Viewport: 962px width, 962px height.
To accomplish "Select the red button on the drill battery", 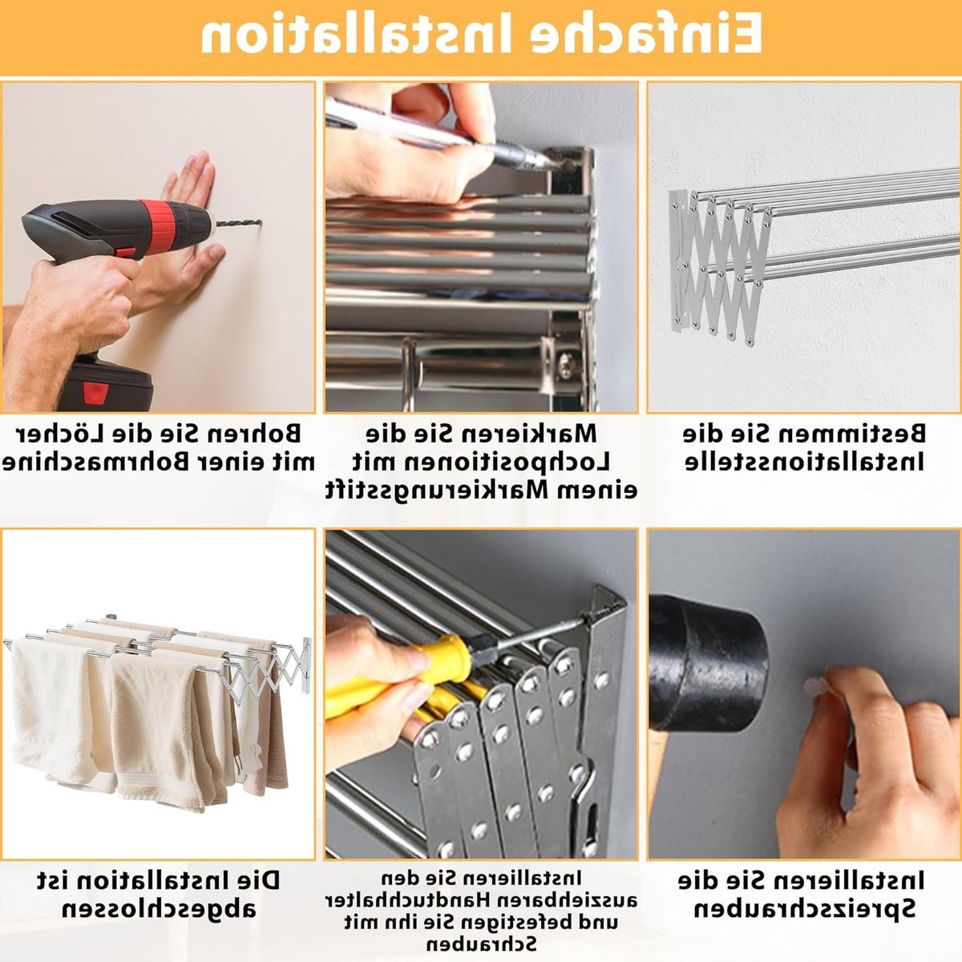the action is point(95,392).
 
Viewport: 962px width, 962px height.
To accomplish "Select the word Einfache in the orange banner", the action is point(643,33).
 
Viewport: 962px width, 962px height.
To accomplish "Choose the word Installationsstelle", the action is point(804,463).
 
